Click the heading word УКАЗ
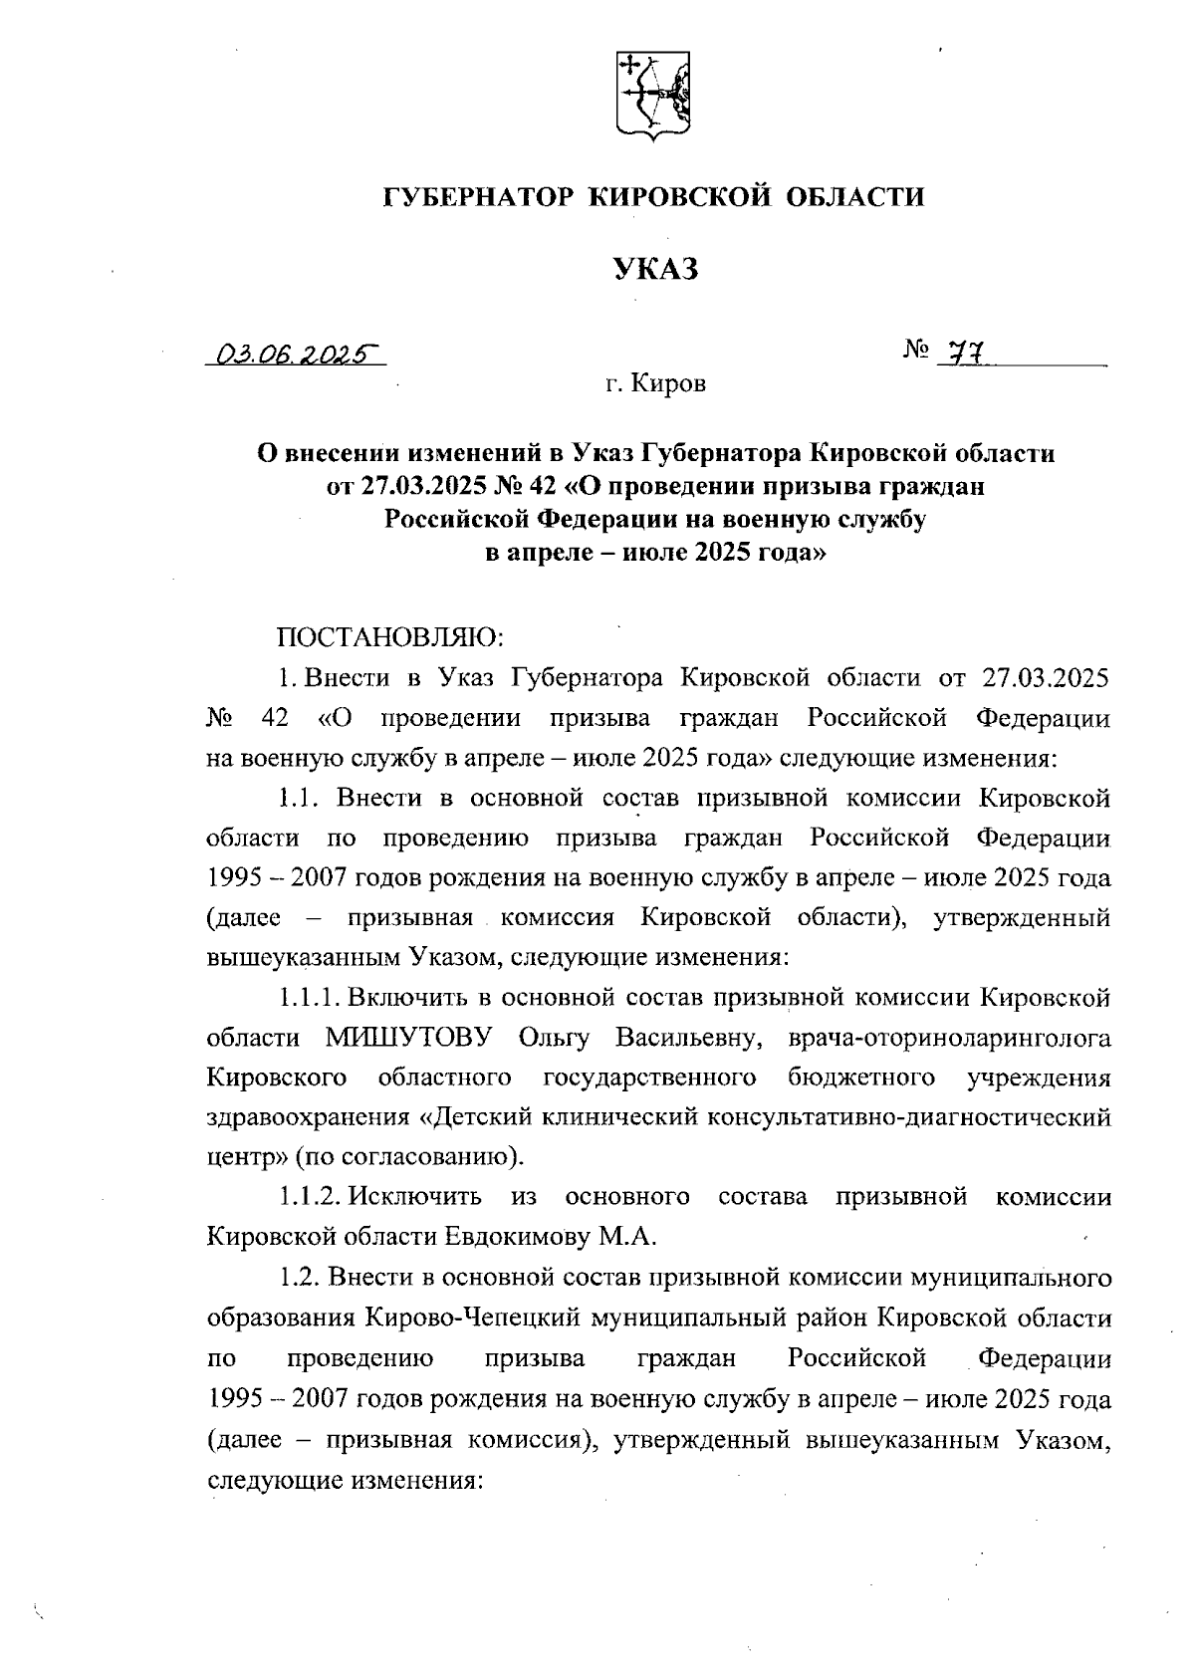point(654,269)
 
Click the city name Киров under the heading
point(668,384)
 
